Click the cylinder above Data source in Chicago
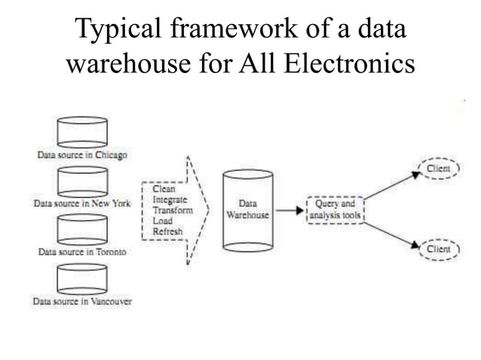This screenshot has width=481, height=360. click(83, 132)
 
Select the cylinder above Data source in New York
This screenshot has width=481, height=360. click(83, 181)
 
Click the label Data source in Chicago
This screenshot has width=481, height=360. click(83, 155)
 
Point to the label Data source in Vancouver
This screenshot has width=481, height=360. click(83, 302)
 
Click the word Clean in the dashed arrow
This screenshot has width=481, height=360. click(164, 191)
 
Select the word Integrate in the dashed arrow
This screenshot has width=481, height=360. click(170, 201)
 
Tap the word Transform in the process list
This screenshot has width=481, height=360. click(171, 212)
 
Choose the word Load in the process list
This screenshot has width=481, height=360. click(162, 222)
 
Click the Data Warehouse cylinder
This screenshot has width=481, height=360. click(247, 210)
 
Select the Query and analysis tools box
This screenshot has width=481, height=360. click(335, 210)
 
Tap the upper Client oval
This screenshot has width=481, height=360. click(438, 169)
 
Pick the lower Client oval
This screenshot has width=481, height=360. click(438, 249)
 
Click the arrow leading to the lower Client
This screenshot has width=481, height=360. click(392, 233)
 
